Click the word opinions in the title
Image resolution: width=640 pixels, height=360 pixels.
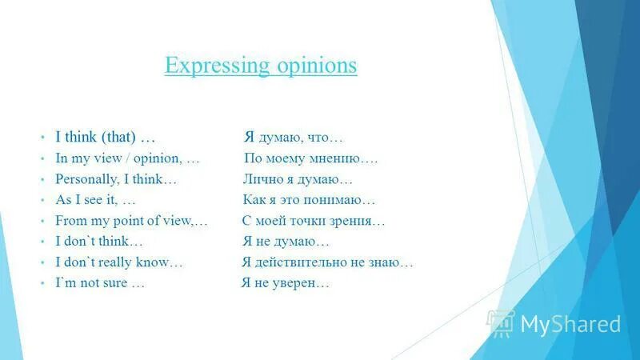click(x=314, y=65)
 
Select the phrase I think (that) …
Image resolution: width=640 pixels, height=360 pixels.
click(x=105, y=138)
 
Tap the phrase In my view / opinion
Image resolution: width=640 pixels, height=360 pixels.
click(x=119, y=158)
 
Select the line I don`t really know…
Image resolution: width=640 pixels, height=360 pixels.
click(x=119, y=262)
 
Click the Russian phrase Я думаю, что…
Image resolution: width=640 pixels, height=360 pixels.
click(x=294, y=138)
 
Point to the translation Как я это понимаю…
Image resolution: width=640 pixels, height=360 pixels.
click(x=309, y=200)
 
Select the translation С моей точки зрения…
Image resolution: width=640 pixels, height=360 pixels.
click(x=314, y=221)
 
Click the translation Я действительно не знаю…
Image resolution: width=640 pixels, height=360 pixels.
click(x=327, y=262)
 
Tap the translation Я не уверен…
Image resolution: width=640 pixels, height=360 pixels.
click(x=286, y=283)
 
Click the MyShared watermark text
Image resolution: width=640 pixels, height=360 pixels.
click(x=570, y=324)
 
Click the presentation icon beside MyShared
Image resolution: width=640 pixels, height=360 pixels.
click(x=502, y=322)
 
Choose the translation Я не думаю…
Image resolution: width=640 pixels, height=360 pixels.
click(x=286, y=242)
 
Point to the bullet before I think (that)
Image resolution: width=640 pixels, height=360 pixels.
click(x=45, y=138)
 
